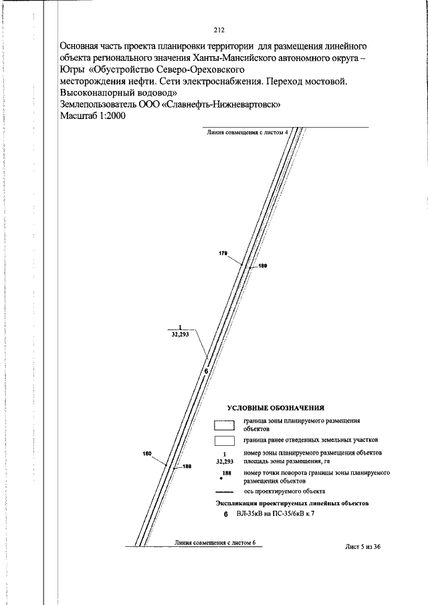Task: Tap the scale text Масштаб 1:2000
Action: tap(93, 116)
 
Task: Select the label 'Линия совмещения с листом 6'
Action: tap(215, 542)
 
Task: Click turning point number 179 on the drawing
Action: tap(223, 254)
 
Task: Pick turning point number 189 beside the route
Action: tap(263, 267)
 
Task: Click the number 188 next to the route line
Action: tap(187, 467)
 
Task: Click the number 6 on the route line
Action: tap(206, 372)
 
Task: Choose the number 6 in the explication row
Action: tap(226, 515)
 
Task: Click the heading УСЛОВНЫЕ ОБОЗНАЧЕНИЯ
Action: tap(276, 407)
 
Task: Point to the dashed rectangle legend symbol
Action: tap(224, 425)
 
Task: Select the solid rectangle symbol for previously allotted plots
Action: tap(224, 441)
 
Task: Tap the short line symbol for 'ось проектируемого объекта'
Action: tap(224, 491)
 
